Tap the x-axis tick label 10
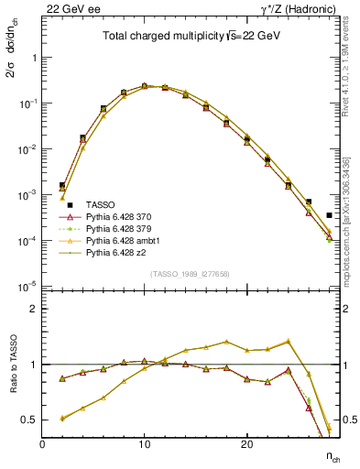tap(144, 444)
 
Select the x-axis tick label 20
tap(246, 444)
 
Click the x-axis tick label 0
tap(42, 444)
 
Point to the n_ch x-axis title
tap(329, 455)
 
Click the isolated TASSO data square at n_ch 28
tap(329, 215)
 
